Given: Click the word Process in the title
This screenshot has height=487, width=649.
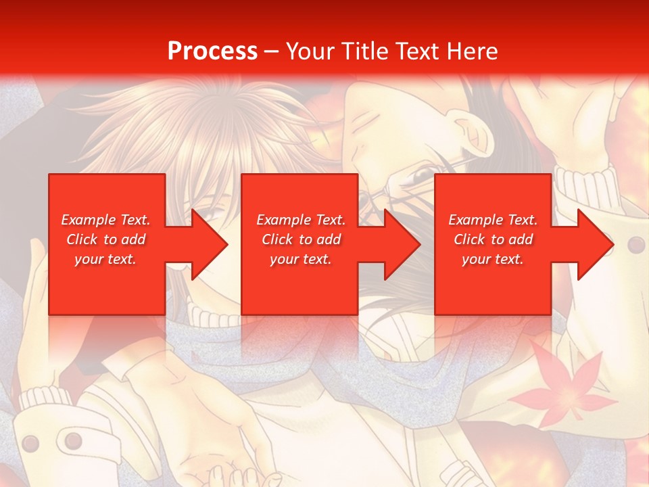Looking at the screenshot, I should pyautogui.click(x=212, y=51).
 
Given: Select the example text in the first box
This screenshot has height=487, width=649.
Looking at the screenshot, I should pyautogui.click(x=106, y=239).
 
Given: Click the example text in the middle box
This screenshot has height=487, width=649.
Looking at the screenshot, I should pyautogui.click(x=301, y=239).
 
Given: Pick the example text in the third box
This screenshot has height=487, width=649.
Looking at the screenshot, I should pyautogui.click(x=493, y=239).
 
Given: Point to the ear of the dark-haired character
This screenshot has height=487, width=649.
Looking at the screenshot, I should pyautogui.click(x=471, y=129).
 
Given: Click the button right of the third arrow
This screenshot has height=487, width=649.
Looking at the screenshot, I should pyautogui.click(x=636, y=244).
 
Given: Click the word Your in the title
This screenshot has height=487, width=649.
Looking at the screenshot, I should pyautogui.click(x=309, y=51).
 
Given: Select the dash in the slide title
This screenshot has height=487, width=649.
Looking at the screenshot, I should pyautogui.click(x=271, y=51).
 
